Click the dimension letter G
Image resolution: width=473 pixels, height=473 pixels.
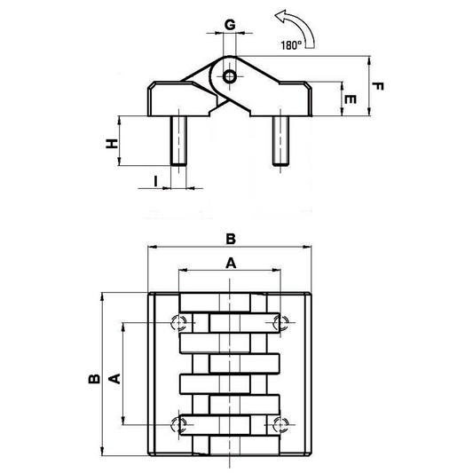click(x=230, y=25)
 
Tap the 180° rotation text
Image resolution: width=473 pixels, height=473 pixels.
click(x=291, y=45)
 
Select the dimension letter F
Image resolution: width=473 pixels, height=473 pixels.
click(x=377, y=87)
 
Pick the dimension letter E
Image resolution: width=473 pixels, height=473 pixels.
click(x=350, y=99)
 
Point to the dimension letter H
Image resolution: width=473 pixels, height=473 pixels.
click(x=112, y=144)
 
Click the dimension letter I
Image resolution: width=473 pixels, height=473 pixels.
click(x=155, y=181)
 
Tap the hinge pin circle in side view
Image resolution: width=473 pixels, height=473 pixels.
click(x=230, y=76)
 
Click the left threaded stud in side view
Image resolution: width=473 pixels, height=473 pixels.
click(x=178, y=141)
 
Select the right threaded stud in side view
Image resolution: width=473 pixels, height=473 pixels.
click(x=280, y=141)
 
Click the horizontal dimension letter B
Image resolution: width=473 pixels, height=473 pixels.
click(x=231, y=239)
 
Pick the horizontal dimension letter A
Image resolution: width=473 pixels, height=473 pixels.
click(x=231, y=264)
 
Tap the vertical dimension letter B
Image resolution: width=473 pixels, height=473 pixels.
click(x=94, y=379)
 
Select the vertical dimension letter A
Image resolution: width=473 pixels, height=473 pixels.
click(x=114, y=379)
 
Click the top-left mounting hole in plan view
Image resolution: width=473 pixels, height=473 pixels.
click(x=179, y=323)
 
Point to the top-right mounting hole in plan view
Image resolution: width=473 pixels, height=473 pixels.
click(x=280, y=323)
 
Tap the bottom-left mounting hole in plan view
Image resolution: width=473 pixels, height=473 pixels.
click(x=179, y=425)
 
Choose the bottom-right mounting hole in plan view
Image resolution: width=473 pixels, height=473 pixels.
click(x=280, y=425)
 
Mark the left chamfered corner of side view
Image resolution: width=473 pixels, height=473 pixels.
click(x=152, y=85)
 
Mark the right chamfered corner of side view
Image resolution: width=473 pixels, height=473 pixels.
click(x=308, y=85)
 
